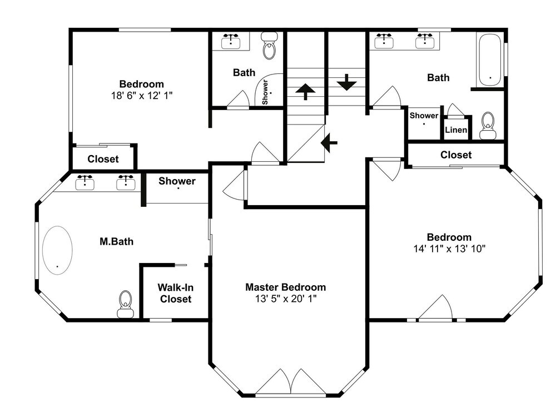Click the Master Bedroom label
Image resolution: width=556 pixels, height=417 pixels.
point(285,287)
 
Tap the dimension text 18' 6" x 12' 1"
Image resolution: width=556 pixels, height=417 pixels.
point(142,96)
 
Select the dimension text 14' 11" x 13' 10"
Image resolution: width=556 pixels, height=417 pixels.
point(449,249)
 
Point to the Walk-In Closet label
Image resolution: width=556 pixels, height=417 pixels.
point(176,293)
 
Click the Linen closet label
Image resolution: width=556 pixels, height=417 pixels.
point(456,130)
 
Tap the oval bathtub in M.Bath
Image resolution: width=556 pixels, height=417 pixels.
point(57,250)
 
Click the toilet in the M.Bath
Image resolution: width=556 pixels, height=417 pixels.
point(125,304)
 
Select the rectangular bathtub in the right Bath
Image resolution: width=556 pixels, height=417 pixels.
point(490,60)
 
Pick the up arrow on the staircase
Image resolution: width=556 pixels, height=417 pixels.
point(305,92)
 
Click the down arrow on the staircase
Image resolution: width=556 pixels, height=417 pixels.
point(346,82)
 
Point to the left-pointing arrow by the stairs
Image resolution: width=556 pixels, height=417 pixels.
point(329,143)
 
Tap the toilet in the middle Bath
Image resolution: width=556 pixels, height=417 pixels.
point(270,46)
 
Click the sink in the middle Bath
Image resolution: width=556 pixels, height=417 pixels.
point(231,41)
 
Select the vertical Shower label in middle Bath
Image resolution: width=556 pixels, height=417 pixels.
point(265,92)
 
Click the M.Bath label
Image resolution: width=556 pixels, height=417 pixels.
point(116,241)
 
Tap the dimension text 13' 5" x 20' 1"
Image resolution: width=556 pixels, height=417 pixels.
point(286,299)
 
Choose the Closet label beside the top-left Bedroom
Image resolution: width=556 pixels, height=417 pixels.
point(103,159)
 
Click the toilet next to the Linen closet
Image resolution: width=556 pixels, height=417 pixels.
point(488,126)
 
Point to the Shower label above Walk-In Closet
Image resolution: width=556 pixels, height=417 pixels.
point(177,181)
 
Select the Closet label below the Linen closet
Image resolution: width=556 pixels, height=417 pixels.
point(456,155)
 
